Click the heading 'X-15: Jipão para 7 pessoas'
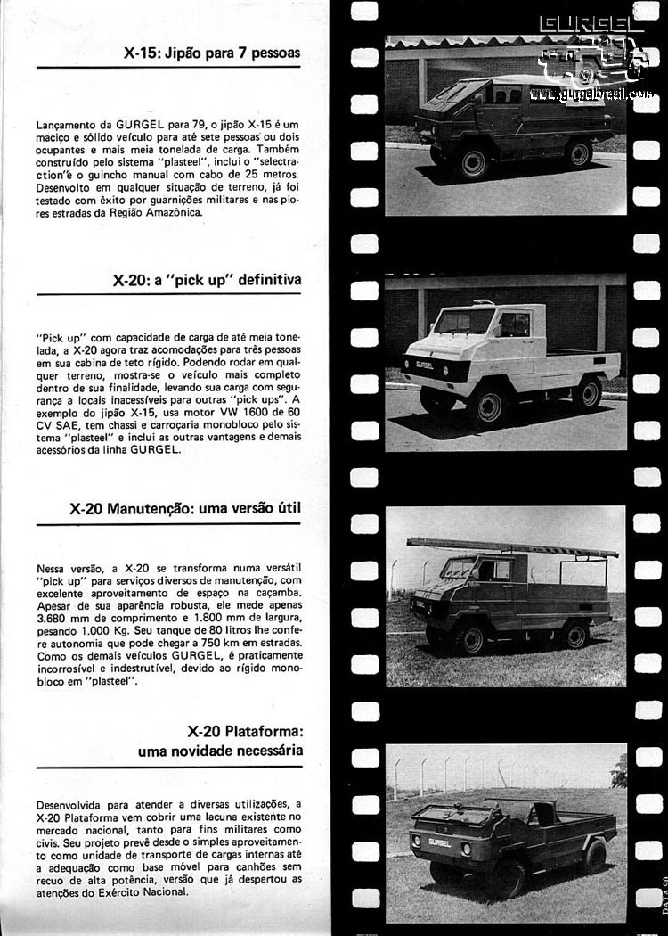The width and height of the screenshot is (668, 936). [x=212, y=53]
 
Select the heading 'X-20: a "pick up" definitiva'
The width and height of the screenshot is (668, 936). [x=207, y=280]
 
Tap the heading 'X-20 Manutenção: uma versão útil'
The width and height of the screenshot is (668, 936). [x=185, y=508]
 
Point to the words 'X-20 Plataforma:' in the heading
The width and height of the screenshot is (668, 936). [x=245, y=731]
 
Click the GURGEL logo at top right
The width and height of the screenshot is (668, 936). [x=592, y=25]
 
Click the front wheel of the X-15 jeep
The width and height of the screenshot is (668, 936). [x=473, y=163]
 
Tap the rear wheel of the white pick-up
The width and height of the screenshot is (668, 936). [x=587, y=392]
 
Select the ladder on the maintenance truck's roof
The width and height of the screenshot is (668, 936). [x=512, y=546]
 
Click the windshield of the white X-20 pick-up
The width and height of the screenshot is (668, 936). [x=463, y=322]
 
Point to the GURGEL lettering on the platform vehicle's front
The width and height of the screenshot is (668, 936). [x=439, y=841]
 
